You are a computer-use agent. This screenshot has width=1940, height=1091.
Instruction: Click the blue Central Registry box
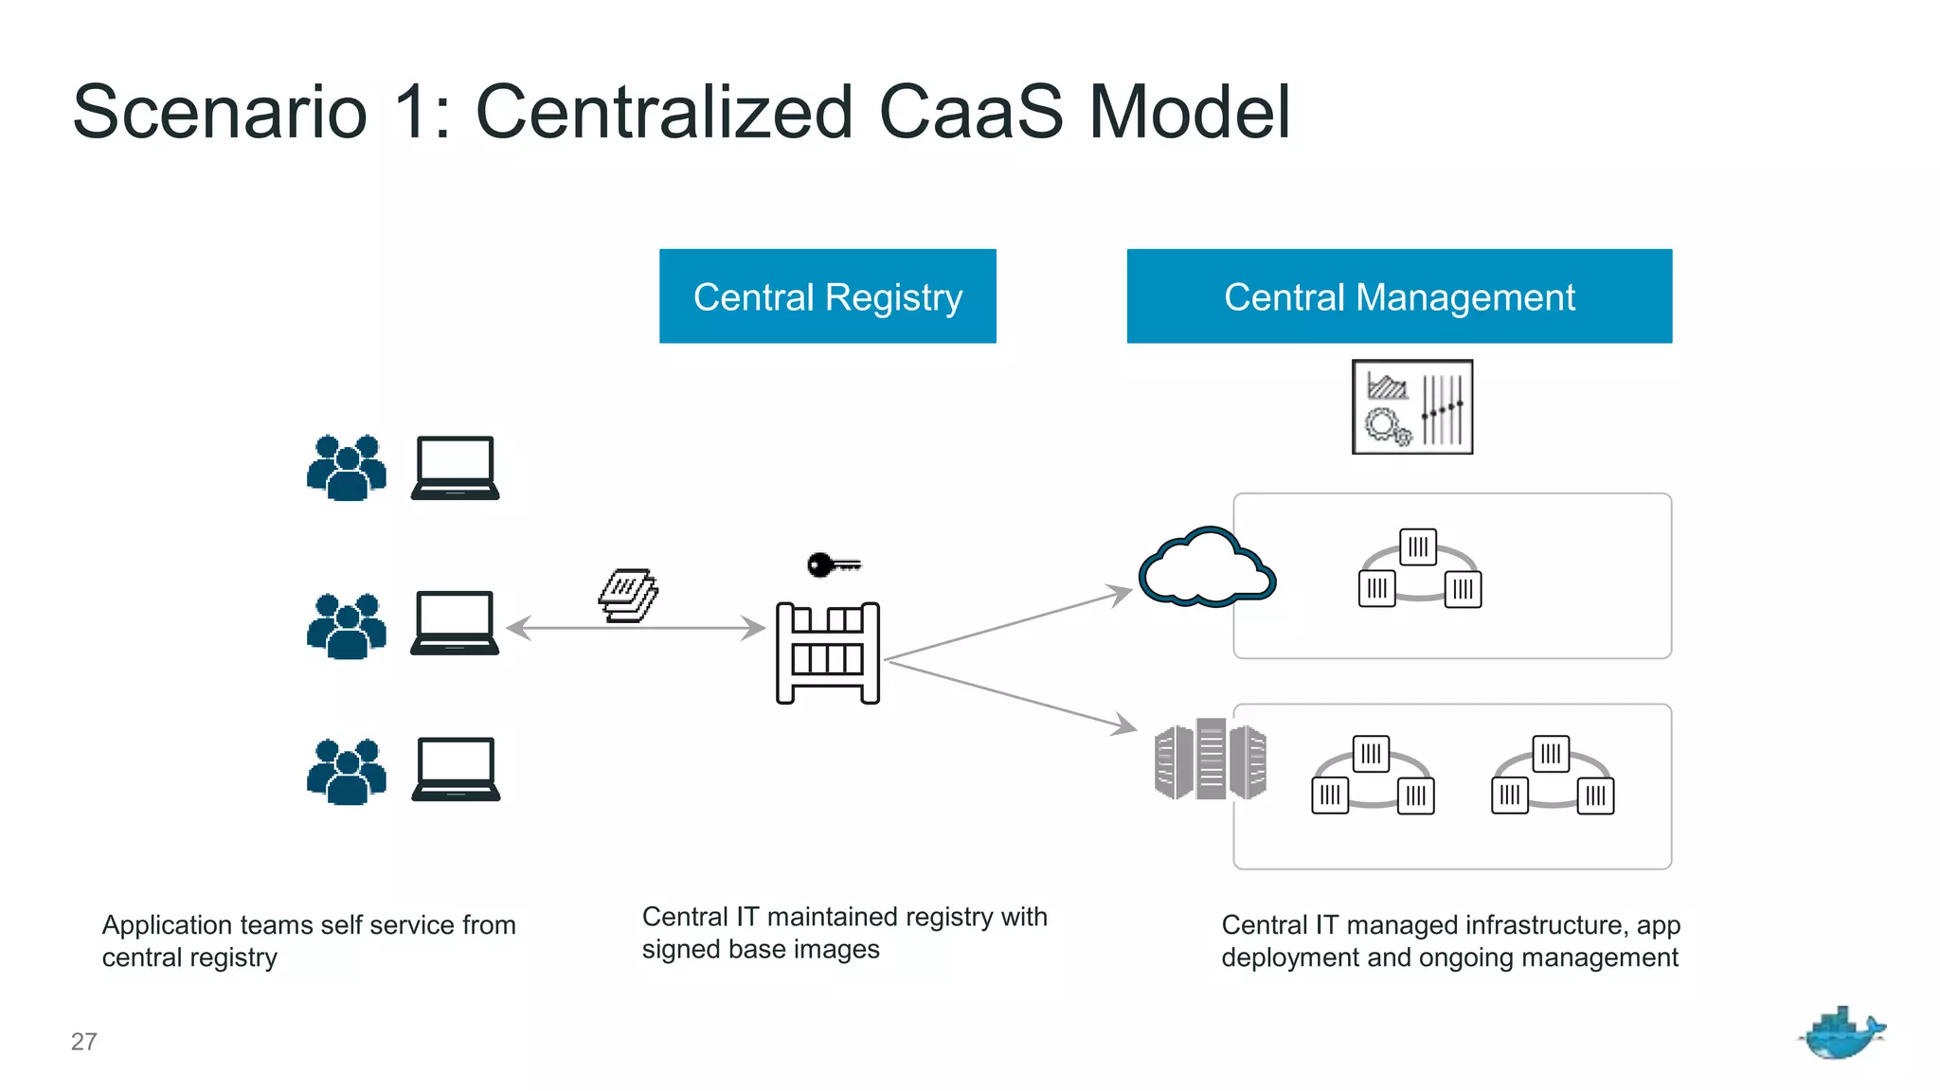tap(827, 296)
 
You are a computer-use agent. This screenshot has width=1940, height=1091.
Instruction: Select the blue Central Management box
tap(1399, 296)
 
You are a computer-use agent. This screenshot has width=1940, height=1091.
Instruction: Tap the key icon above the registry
tap(833, 565)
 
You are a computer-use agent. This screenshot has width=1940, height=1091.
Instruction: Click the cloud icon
tap(1206, 569)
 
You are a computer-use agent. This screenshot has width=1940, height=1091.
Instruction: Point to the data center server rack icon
tap(1210, 760)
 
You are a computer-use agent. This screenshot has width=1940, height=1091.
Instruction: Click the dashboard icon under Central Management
tap(1411, 407)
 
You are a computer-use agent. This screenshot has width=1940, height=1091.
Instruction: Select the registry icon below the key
tap(827, 653)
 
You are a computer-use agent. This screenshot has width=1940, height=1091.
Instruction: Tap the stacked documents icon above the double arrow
tap(628, 595)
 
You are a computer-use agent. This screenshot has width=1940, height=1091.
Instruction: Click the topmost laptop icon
tap(455, 468)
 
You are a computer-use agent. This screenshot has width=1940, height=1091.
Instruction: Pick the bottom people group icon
tap(347, 772)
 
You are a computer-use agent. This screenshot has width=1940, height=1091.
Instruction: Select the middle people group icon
tap(347, 626)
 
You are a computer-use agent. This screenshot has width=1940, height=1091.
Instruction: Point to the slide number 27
tap(83, 1042)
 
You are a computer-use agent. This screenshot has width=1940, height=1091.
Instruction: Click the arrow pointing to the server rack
tap(1012, 696)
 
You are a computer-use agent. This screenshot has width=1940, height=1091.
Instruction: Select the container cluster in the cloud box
tap(1419, 568)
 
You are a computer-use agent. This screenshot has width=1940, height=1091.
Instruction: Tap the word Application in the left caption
tap(167, 924)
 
